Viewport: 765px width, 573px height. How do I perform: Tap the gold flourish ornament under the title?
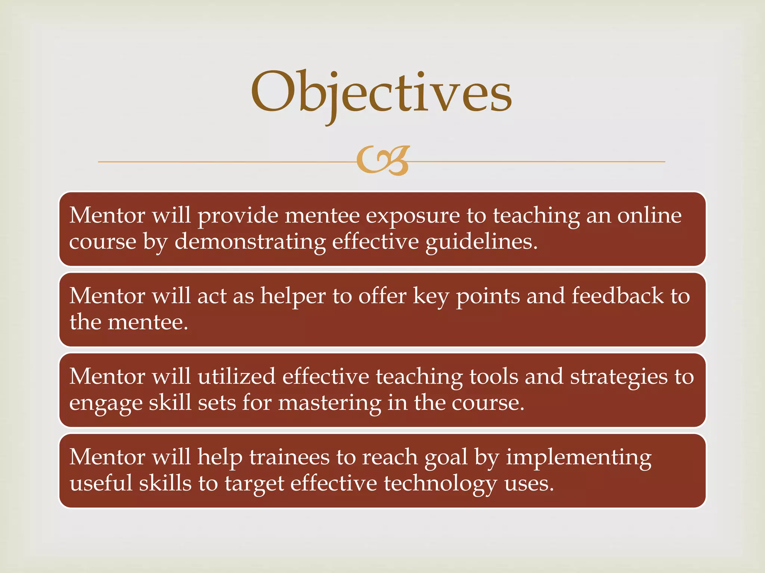pyautogui.click(x=382, y=161)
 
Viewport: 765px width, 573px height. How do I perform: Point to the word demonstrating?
pyautogui.click(x=250, y=242)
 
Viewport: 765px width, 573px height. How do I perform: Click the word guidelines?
pyautogui.click(x=481, y=242)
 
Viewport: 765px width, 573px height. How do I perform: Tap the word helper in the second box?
pyautogui.click(x=293, y=297)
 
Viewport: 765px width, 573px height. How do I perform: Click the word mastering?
pyautogui.click(x=330, y=403)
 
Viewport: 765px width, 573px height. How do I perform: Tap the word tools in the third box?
pyautogui.click(x=494, y=376)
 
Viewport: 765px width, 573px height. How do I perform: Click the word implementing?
pyautogui.click(x=578, y=458)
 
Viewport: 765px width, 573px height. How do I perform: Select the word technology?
pyautogui.click(x=440, y=484)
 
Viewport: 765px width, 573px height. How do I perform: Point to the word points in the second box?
pyautogui.click(x=488, y=297)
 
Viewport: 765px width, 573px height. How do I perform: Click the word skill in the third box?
pyautogui.click(x=170, y=403)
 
